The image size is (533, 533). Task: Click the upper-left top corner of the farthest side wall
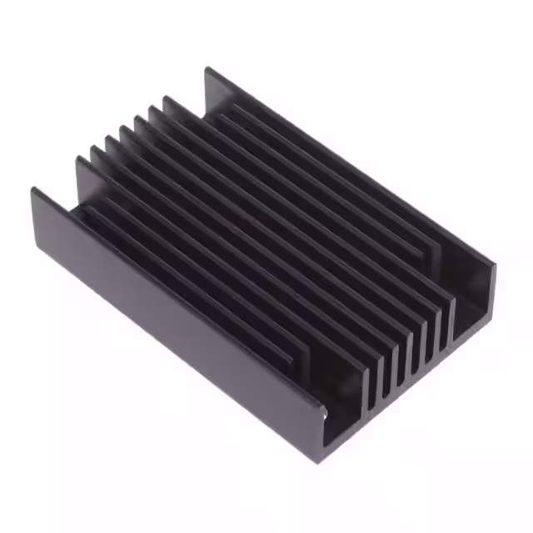tap(208, 71)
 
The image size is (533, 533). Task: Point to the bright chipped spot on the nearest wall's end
tap(325, 410)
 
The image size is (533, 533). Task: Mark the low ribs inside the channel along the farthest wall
tap(333, 175)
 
